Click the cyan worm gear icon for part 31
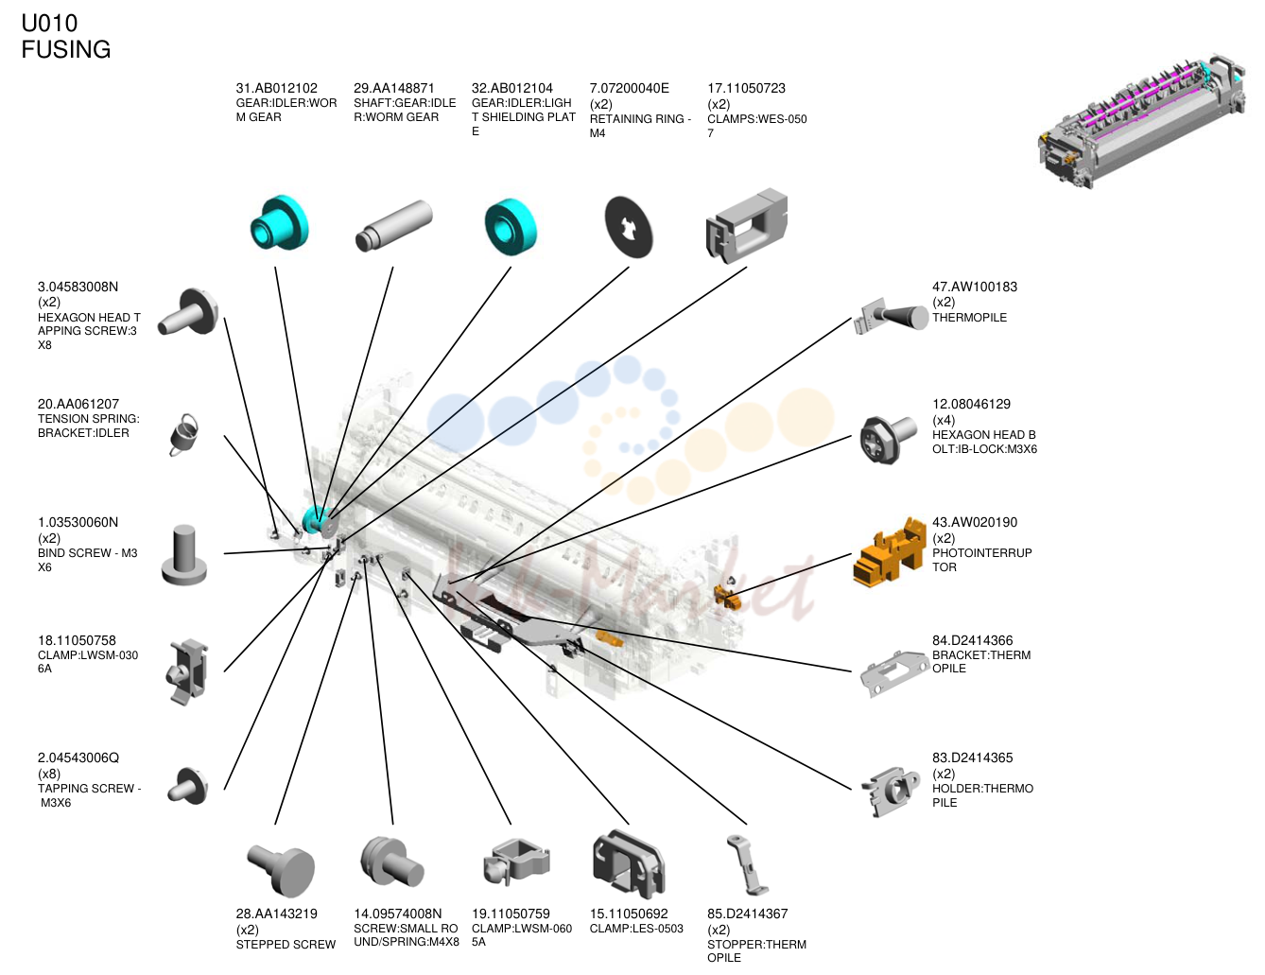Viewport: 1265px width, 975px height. pos(279,223)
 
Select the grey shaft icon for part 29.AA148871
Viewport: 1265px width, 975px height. pos(393,226)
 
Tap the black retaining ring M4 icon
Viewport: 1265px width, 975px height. pos(629,227)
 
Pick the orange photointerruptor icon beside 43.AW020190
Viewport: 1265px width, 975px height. pos(889,552)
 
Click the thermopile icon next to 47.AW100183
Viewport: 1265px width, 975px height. pos(891,316)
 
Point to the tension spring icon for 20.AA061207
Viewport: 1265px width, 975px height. pos(184,435)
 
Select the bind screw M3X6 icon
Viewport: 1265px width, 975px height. pos(184,555)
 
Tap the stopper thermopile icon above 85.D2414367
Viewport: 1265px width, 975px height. pos(747,865)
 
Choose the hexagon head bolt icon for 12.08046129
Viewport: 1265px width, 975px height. pos(888,439)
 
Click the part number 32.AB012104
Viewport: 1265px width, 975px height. pos(511,89)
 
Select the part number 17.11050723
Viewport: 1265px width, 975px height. pos(746,89)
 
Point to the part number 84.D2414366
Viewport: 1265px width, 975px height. pos(972,640)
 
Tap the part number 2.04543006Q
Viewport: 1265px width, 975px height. pos(78,757)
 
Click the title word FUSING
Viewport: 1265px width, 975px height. pos(66,49)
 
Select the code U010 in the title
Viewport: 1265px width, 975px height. pos(49,24)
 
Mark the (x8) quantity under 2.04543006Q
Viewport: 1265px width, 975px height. pos(49,774)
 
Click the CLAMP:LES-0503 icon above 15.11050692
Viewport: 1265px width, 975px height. pos(629,865)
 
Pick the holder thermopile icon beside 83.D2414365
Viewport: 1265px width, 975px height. pos(891,792)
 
